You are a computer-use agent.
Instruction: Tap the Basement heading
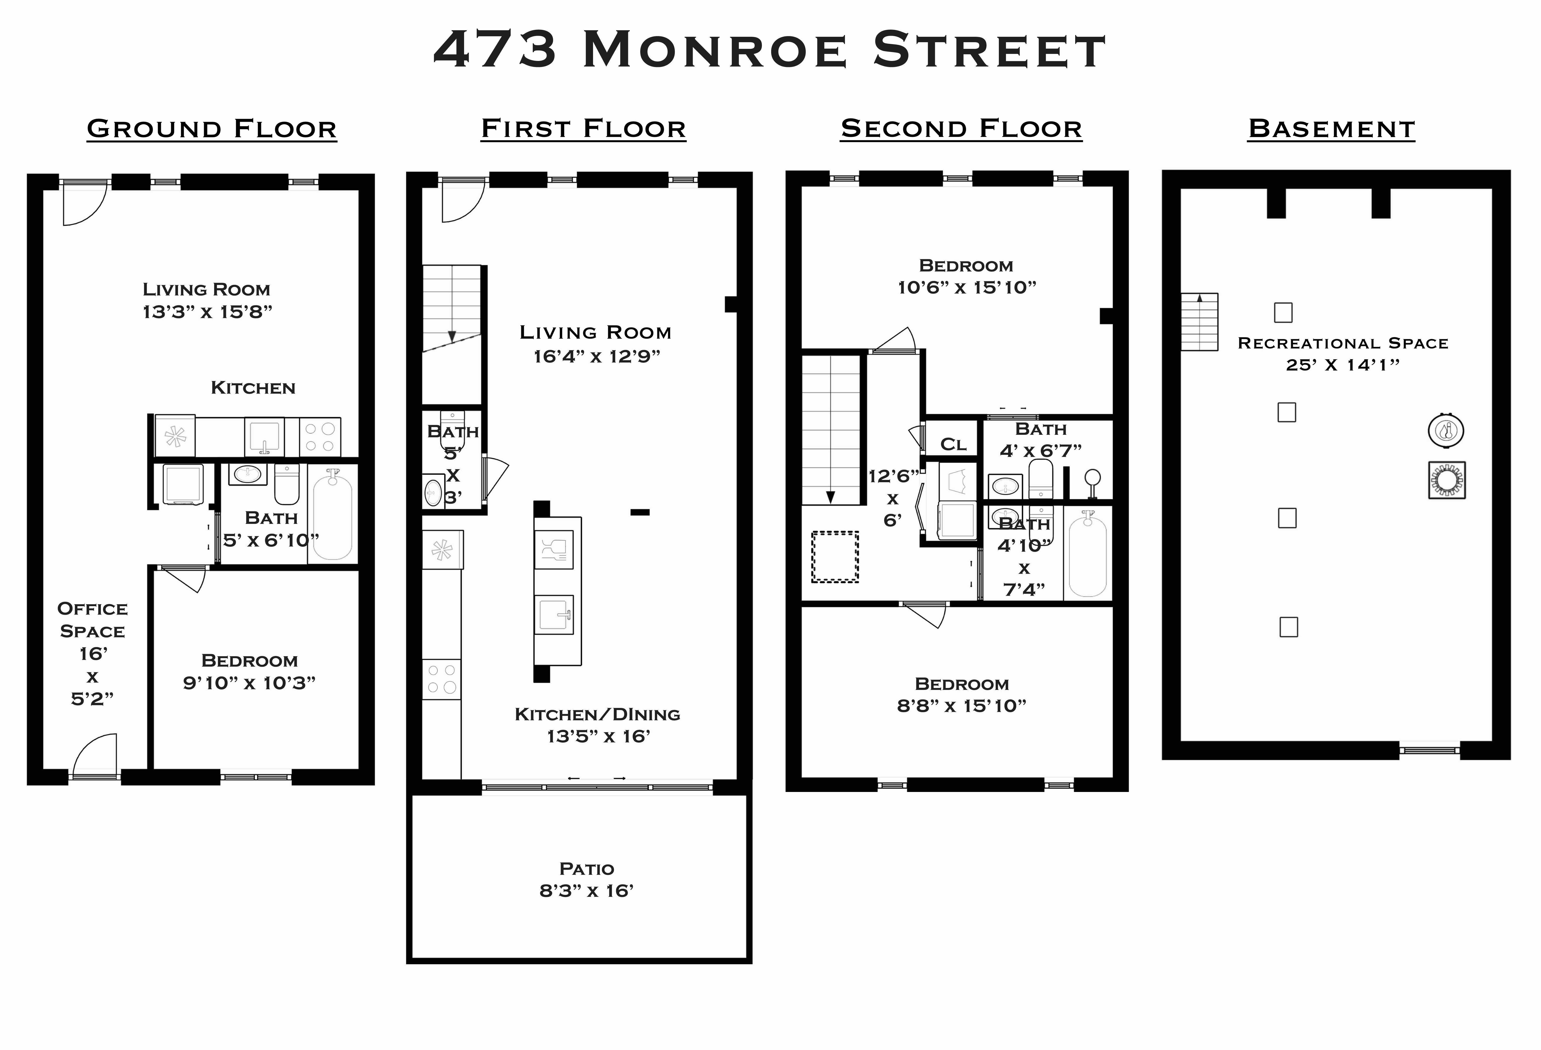pyautogui.click(x=1331, y=129)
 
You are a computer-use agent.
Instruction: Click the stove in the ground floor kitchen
pyautogui.click(x=320, y=436)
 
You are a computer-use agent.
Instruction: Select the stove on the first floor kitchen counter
pyautogui.click(x=441, y=679)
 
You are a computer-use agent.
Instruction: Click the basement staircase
pyautogui.click(x=1200, y=322)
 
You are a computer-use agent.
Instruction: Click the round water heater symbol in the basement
pyautogui.click(x=1446, y=431)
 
